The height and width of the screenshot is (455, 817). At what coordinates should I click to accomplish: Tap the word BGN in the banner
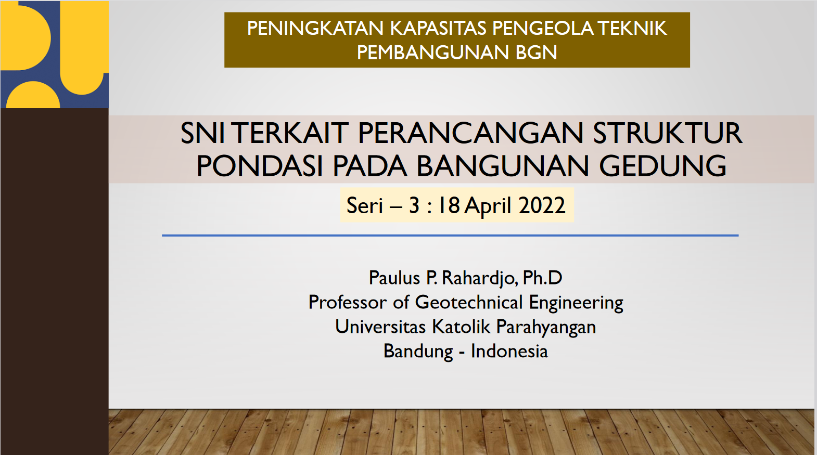536,53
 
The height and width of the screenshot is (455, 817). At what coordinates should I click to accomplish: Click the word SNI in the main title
202,133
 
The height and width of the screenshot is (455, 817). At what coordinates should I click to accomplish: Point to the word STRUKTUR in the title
668,133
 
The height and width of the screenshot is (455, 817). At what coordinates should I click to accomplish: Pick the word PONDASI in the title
260,166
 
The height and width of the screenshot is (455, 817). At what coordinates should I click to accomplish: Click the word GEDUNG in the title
663,166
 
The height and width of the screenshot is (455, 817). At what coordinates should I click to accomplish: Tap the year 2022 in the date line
542,205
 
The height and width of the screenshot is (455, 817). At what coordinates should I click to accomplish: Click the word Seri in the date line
364,205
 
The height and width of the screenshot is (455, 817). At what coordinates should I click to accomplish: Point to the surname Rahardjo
480,278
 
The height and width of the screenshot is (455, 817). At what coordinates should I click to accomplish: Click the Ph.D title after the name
543,278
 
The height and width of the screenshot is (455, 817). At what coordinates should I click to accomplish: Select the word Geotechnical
469,303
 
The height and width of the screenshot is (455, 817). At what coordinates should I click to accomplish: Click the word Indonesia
509,351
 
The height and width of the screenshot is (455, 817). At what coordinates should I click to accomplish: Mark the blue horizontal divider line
450,236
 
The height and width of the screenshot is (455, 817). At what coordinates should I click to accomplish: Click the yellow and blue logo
55,54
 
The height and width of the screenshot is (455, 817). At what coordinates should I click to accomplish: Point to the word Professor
347,303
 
